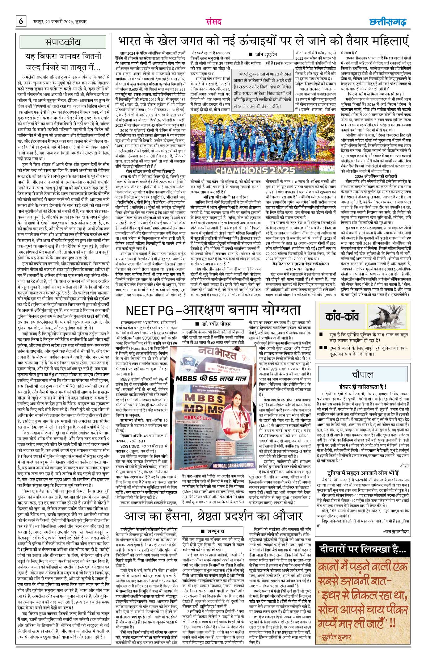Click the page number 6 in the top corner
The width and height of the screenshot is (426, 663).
point(21,22)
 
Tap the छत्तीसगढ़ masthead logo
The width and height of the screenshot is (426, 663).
point(388,22)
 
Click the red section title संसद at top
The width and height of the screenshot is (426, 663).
point(213,22)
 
